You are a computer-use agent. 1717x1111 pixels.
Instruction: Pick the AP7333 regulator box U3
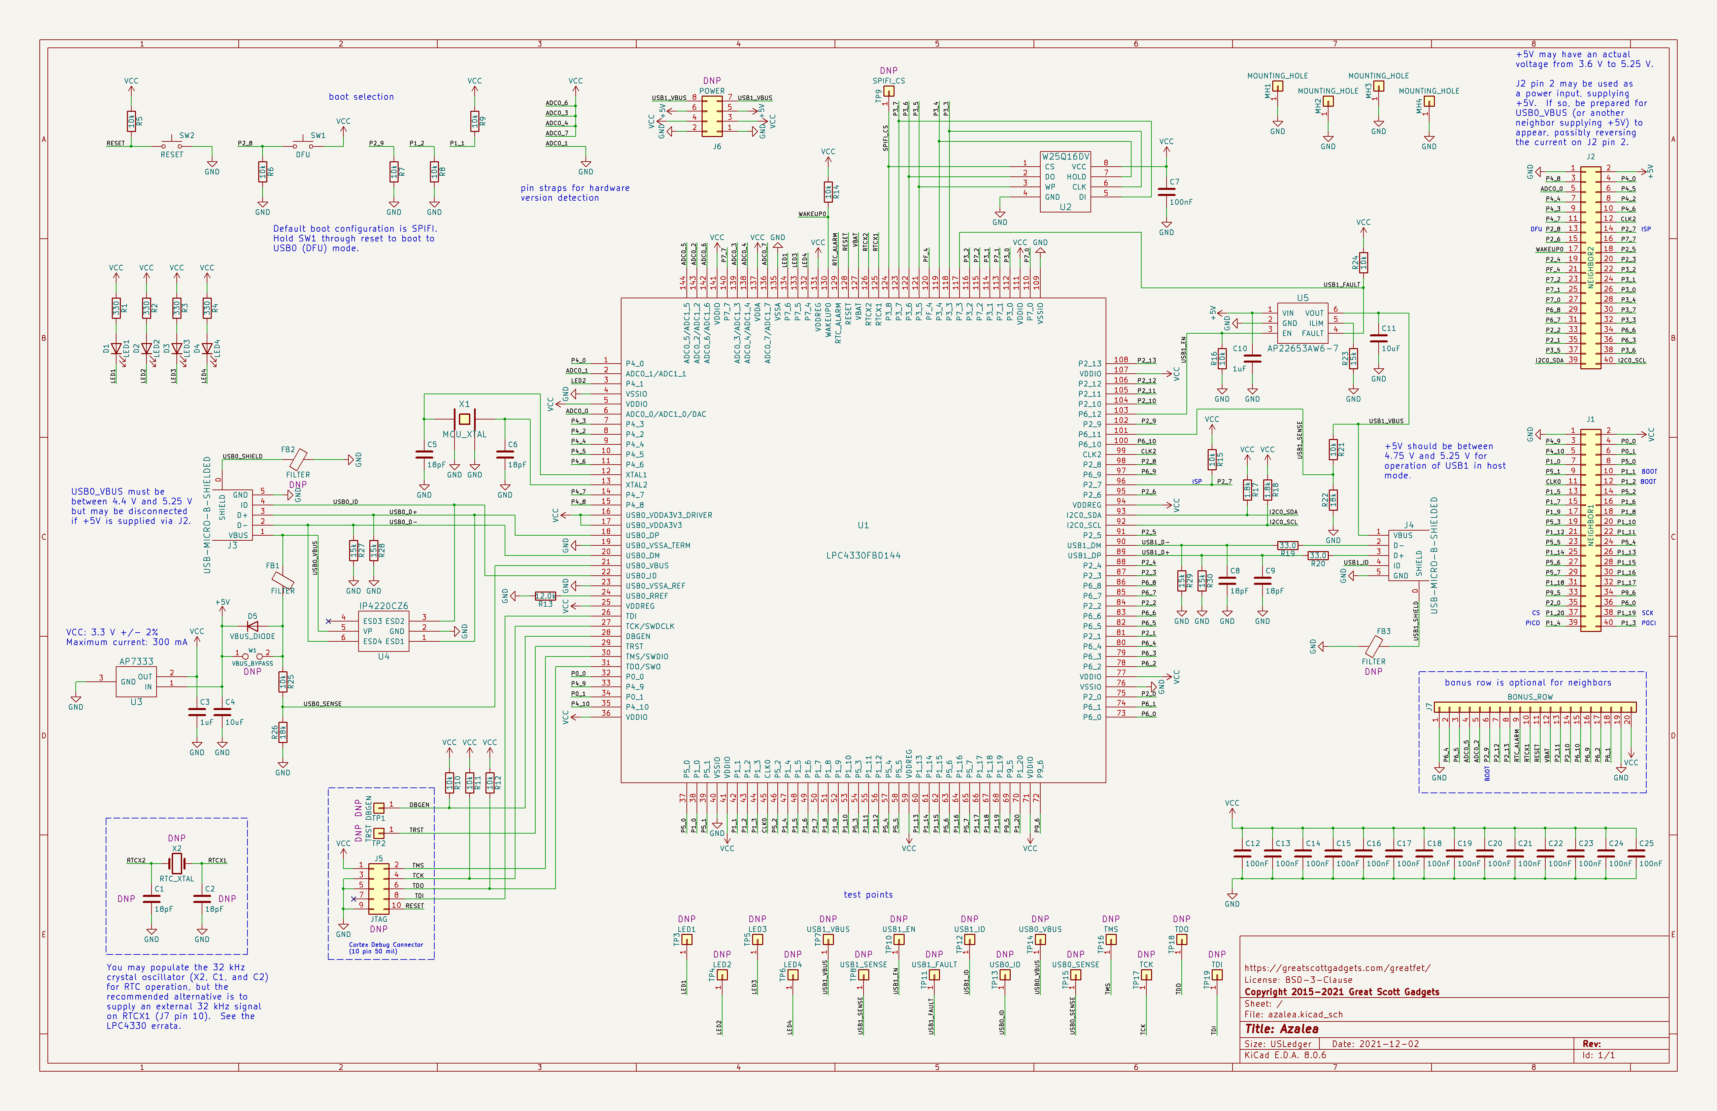(136, 682)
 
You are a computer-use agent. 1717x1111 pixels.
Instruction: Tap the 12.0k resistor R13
(545, 596)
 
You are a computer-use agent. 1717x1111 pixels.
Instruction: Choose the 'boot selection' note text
(362, 97)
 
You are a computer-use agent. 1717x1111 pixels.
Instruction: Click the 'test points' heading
(868, 895)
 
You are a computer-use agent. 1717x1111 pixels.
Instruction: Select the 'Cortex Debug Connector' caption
(386, 944)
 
